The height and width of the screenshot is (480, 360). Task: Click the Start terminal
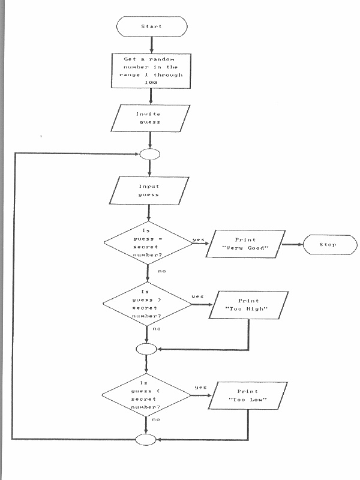pos(151,26)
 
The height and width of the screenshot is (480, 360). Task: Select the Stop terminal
pos(328,245)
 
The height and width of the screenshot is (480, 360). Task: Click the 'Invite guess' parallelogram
pos(152,118)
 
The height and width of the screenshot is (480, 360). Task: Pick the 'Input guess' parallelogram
pos(148,190)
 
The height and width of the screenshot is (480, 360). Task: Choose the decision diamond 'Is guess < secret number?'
pos(145,394)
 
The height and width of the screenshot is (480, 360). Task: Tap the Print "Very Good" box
pos(244,243)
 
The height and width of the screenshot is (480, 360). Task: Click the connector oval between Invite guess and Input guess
pos(149,154)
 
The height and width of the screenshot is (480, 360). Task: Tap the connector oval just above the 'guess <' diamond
pos(146,348)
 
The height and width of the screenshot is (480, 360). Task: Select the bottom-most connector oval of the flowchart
pos(146,440)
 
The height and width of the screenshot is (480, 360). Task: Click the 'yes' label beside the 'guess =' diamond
pos(198,240)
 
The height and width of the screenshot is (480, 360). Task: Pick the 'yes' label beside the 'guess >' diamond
pos(197,296)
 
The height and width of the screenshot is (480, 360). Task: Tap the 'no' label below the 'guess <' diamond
pos(156,419)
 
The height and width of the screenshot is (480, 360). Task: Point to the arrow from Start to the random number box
pos(151,43)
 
